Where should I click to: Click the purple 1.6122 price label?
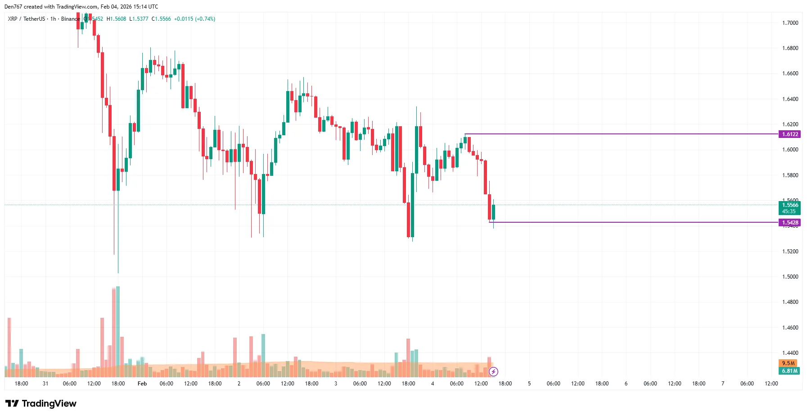(789, 134)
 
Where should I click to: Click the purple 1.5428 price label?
(789, 222)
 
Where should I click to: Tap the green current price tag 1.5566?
(789, 205)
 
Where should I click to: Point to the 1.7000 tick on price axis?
(790, 23)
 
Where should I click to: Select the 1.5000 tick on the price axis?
(790, 276)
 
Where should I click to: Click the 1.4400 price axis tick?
(790, 353)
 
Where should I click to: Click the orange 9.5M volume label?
(788, 363)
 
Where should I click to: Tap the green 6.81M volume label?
(789, 371)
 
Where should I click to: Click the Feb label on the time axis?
(142, 383)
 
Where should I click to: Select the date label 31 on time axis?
(45, 383)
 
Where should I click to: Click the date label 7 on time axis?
(723, 383)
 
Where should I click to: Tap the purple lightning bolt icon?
(493, 371)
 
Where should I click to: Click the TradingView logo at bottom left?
(41, 403)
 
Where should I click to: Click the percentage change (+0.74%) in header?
(205, 19)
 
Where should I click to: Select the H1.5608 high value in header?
(116, 19)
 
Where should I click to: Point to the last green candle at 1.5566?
(493, 212)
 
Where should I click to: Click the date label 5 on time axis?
(529, 383)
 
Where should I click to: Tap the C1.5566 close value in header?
(161, 19)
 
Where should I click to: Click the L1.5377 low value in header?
(139, 19)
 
